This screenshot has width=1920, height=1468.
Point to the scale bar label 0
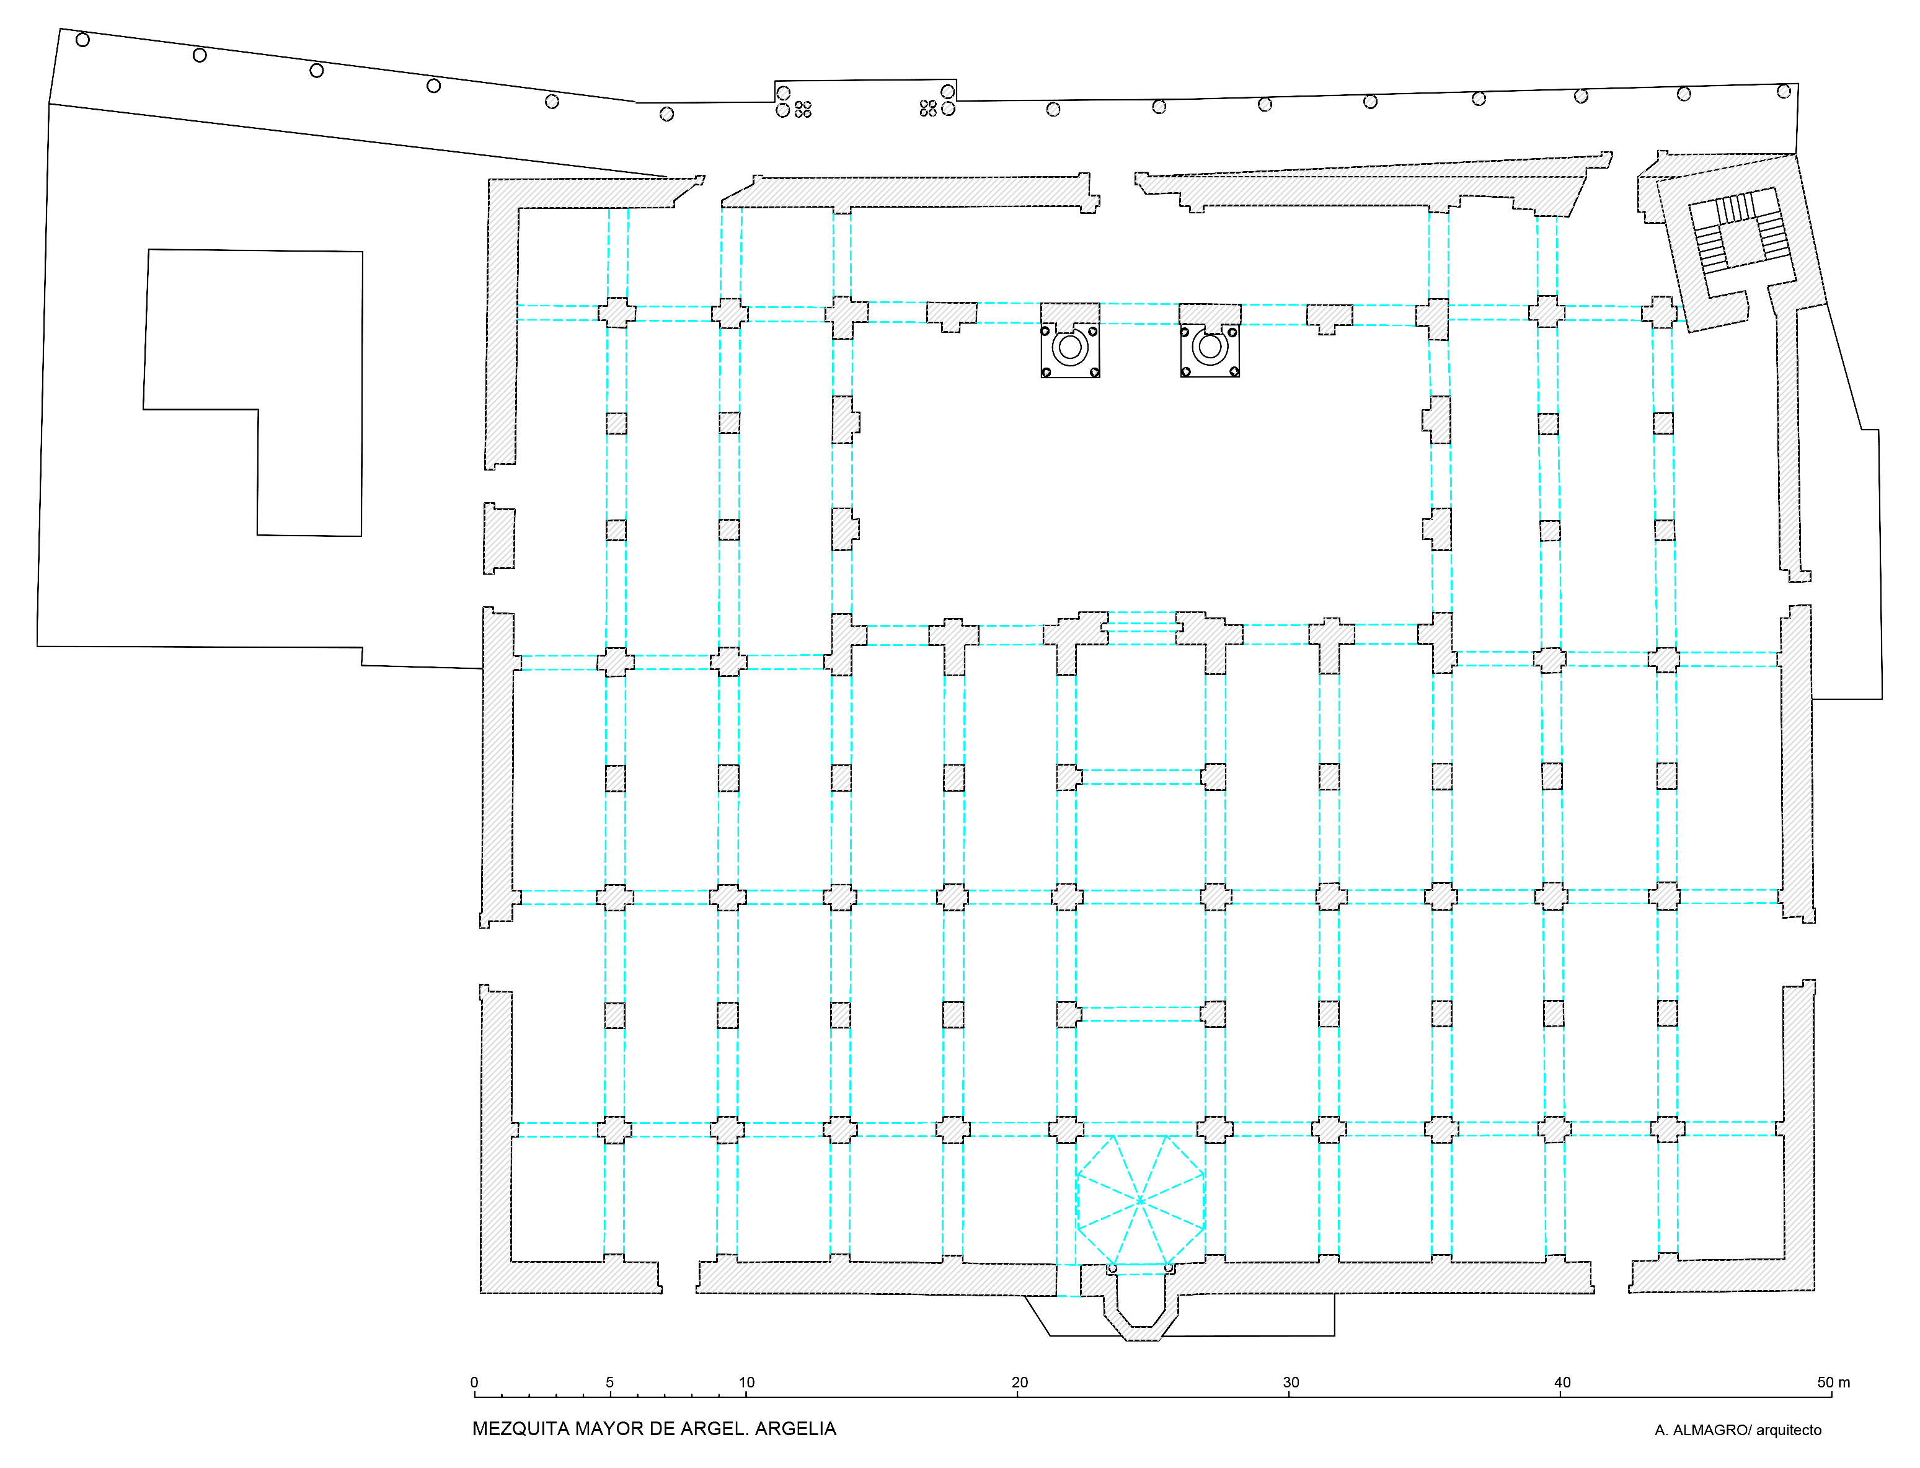click(x=474, y=1382)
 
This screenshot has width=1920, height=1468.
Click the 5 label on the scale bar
click(x=610, y=1382)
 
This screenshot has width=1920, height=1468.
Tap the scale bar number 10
click(x=746, y=1382)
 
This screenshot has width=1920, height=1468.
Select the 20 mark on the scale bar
click(x=1019, y=1382)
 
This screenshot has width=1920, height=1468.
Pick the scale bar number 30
click(x=1291, y=1382)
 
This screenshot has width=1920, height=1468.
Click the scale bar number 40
click(x=1562, y=1382)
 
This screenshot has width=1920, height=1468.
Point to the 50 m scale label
click(x=1833, y=1382)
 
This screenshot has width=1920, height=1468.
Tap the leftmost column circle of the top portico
click(x=83, y=39)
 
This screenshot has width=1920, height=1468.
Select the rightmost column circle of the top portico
click(x=1784, y=91)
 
